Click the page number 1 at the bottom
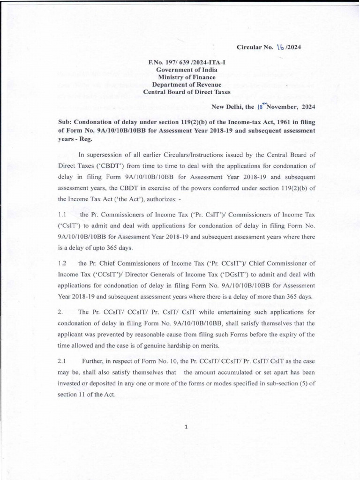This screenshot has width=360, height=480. [186, 427]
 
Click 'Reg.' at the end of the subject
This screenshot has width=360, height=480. [88, 139]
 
